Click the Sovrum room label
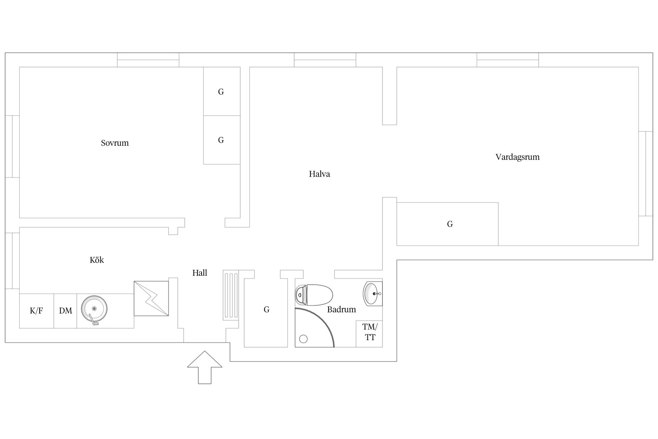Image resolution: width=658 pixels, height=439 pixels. (x=115, y=143)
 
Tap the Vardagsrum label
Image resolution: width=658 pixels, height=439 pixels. (x=517, y=157)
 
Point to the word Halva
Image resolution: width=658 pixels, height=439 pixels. (x=319, y=174)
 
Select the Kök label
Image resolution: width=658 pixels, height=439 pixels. (x=97, y=260)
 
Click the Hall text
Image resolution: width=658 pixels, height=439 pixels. (x=200, y=273)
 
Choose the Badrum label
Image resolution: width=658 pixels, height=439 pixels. (x=341, y=309)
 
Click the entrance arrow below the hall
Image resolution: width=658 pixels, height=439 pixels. (x=205, y=367)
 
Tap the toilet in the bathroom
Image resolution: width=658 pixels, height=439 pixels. (x=314, y=295)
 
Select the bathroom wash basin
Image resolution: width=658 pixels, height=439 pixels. (x=373, y=294)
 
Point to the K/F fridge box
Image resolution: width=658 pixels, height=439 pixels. (x=37, y=311)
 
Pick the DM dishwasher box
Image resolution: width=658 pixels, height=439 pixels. (x=65, y=311)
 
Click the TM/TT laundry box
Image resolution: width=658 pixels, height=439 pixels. (x=369, y=334)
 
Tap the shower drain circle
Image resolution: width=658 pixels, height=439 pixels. (x=303, y=339)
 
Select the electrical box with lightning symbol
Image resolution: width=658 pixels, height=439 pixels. (x=151, y=298)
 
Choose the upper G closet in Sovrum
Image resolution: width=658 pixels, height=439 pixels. (x=222, y=91)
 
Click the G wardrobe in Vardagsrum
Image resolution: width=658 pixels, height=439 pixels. (x=448, y=224)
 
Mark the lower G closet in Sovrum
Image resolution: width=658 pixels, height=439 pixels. (x=222, y=140)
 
